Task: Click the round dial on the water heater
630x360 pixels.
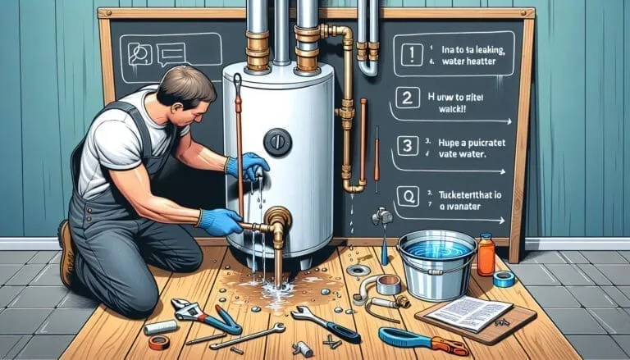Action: (278, 142)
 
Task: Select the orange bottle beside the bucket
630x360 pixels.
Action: (486, 255)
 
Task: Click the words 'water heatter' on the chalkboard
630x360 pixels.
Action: (465, 60)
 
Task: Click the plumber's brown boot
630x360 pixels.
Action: (66, 254)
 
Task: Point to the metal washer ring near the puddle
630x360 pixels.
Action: (358, 270)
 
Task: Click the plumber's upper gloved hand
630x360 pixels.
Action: (252, 166)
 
